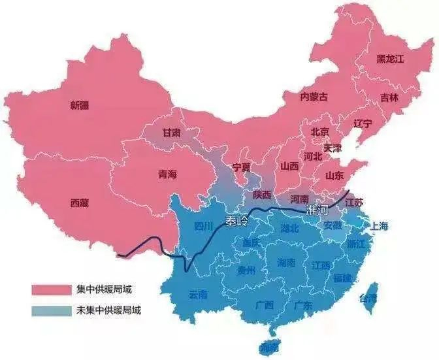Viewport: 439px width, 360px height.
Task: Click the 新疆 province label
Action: (x=81, y=105)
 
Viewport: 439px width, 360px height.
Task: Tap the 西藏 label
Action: (x=80, y=203)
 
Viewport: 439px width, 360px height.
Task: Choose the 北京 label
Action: (x=320, y=132)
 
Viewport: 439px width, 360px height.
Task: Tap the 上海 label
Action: (x=379, y=227)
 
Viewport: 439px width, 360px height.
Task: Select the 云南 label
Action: (x=198, y=295)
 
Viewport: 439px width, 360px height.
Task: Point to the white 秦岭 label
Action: (x=237, y=221)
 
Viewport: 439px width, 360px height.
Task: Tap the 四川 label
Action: (x=204, y=227)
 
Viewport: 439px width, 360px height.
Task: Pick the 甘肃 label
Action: (x=171, y=133)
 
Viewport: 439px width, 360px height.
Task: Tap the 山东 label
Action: (x=334, y=175)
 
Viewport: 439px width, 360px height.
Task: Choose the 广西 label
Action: (x=265, y=304)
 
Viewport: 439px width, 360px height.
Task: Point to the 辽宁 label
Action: (x=363, y=123)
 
